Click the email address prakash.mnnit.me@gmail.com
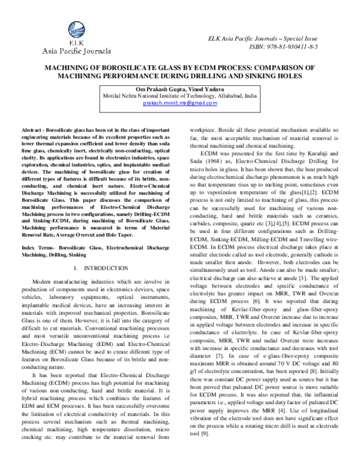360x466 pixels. [179, 103]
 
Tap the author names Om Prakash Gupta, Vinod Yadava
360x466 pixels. [179, 88]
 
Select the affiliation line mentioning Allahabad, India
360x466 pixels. [179, 95]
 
